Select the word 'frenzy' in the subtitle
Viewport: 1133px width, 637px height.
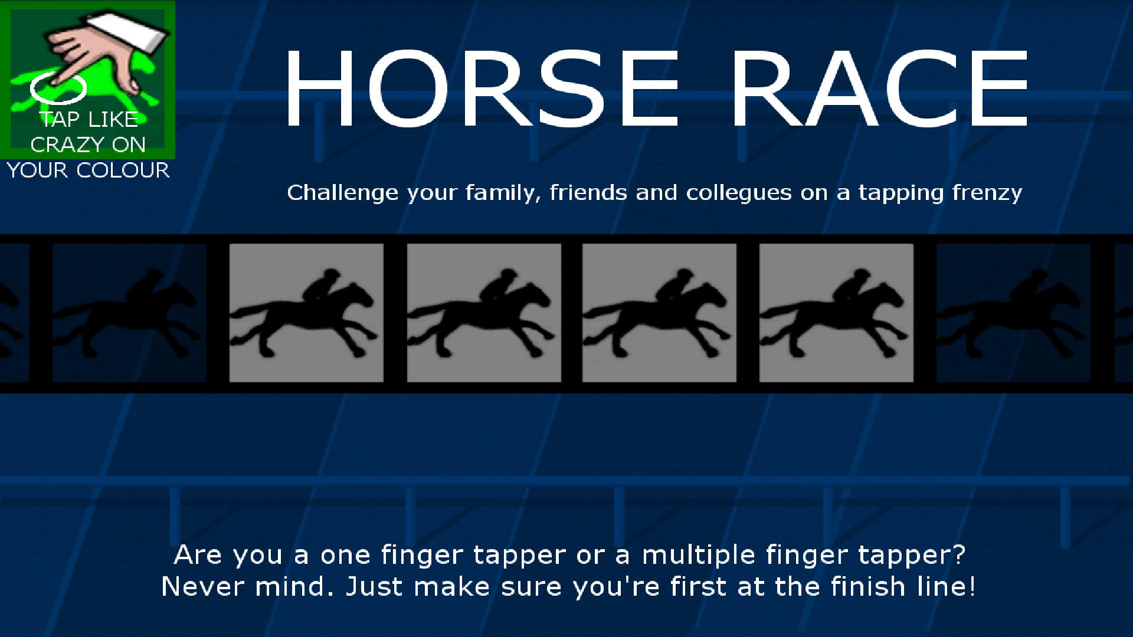coord(987,193)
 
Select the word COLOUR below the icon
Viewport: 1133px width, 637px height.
coord(123,170)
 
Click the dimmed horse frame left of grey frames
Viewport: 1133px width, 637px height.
coord(129,313)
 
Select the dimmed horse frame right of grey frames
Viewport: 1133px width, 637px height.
coord(1013,313)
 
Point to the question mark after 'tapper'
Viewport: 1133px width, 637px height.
coord(958,555)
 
